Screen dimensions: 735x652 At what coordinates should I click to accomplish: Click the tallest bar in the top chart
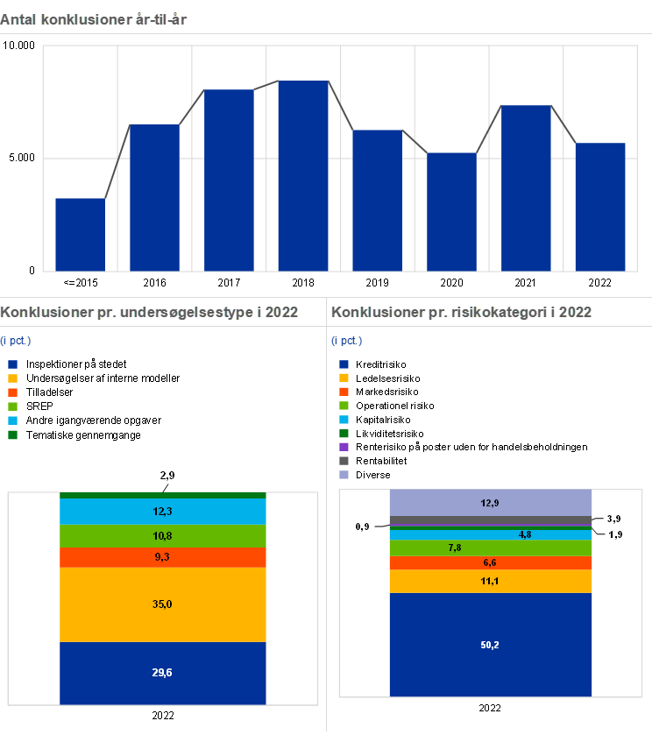303,175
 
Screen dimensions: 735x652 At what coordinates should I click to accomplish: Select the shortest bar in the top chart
80,234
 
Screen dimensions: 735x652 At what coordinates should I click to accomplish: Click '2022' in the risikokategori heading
575,312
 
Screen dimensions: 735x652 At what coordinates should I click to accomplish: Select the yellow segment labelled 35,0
163,604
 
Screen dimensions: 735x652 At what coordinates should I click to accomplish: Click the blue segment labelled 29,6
163,673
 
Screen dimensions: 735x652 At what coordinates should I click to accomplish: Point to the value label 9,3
163,557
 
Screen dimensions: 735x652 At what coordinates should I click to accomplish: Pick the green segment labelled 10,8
163,536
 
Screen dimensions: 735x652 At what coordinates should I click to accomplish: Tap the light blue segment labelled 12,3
163,512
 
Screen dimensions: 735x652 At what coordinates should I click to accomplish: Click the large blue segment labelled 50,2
491,645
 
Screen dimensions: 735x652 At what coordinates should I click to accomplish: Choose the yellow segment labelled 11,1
491,581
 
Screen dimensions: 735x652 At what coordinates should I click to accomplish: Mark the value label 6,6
491,562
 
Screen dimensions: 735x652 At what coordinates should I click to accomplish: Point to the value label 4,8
525,534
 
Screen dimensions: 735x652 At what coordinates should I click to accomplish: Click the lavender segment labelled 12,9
491,502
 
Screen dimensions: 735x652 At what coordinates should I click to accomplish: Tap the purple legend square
344,447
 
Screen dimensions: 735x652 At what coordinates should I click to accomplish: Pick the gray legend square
344,461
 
